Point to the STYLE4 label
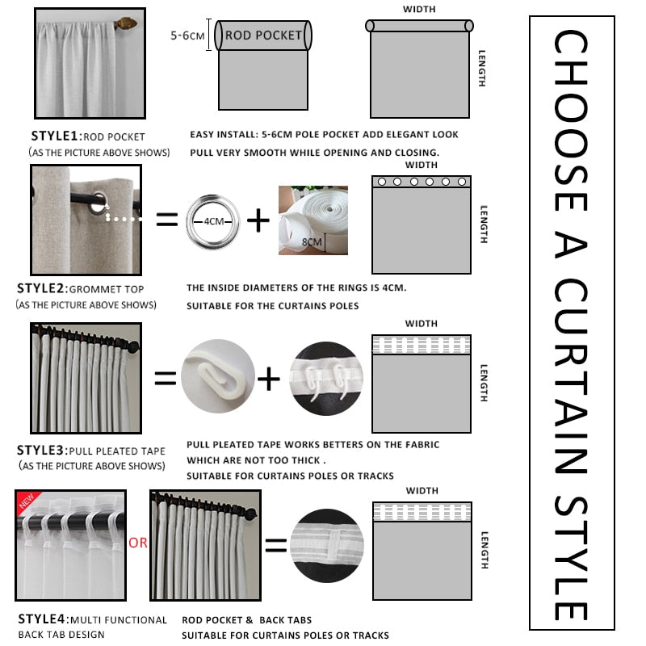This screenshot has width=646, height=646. pyautogui.click(x=42, y=619)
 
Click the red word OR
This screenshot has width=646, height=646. pyautogui.click(x=138, y=543)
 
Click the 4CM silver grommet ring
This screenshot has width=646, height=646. pyautogui.click(x=213, y=219)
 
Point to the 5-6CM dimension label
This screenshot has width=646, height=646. pyautogui.click(x=188, y=36)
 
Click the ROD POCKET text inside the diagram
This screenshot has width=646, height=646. pyautogui.click(x=263, y=36)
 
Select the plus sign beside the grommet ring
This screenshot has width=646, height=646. pyautogui.click(x=258, y=220)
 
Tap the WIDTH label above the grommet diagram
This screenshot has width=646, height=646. pyautogui.click(x=420, y=165)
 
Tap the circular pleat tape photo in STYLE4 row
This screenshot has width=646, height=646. pyautogui.click(x=326, y=545)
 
